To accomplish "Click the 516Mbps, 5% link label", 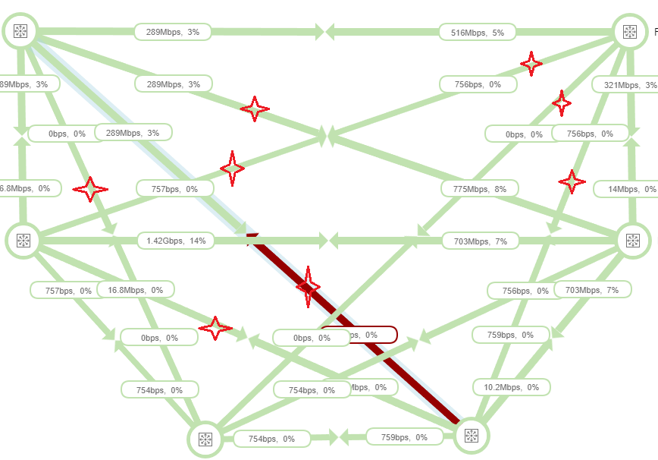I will [x=477, y=33].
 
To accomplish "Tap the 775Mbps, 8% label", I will [x=480, y=188].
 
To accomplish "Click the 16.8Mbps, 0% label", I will [x=136, y=289].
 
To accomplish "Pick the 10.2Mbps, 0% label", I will [x=512, y=387].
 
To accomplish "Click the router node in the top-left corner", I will [x=20, y=31].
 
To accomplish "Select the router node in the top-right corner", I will [x=629, y=32].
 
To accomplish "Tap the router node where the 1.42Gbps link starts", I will [x=23, y=241].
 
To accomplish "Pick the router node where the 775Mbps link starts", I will [x=633, y=241].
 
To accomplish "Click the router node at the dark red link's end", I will [x=472, y=436].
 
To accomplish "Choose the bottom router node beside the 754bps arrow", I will [x=205, y=440].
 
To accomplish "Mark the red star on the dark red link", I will [x=308, y=286].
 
